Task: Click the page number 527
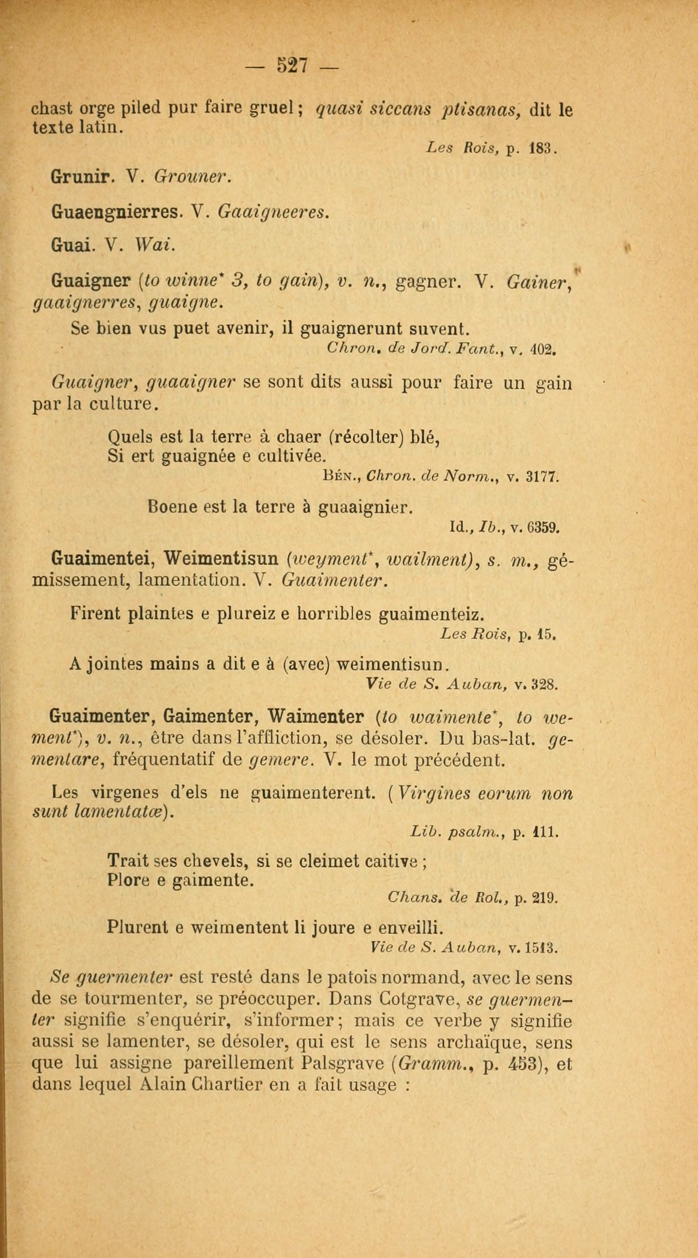pyautogui.click(x=292, y=65)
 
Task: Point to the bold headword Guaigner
pyautogui.click(x=90, y=281)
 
